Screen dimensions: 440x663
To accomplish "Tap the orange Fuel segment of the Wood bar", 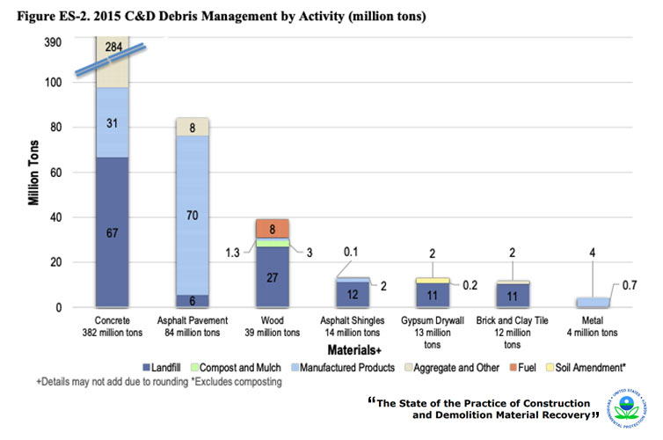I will pos(271,228).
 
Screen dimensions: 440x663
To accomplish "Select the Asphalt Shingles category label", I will pos(351,326).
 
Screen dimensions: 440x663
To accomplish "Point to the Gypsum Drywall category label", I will pos(430,326).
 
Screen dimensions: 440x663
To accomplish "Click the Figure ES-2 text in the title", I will pos(54,16).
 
